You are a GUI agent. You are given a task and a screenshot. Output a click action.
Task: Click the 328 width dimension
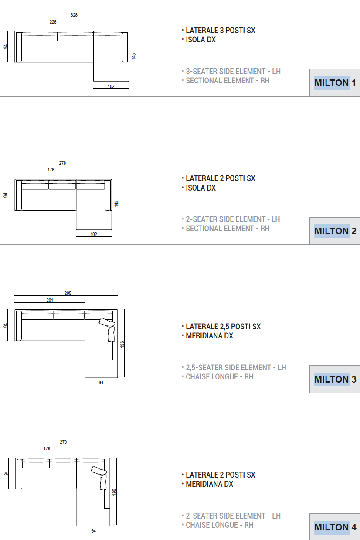pos(74,15)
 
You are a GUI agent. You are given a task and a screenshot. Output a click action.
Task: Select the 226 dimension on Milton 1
pos(53,22)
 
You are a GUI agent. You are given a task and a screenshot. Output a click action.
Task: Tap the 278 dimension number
pos(62,163)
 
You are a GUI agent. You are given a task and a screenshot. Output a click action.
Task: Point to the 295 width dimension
pos(68,293)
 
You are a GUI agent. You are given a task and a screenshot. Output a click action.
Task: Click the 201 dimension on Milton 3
pos(50,300)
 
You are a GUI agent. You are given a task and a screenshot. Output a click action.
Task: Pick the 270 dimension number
pos(63,442)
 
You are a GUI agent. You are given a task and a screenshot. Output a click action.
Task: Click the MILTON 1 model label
pos(335,83)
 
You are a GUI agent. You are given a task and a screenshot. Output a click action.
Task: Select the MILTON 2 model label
pos(335,231)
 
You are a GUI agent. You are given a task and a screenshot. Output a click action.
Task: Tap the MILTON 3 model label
pos(335,379)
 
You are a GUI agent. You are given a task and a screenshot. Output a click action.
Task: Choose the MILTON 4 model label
pos(335,527)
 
